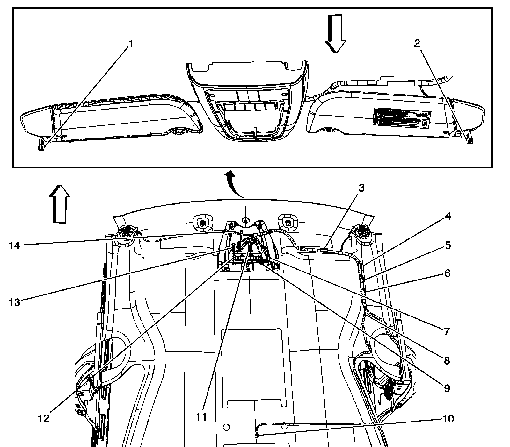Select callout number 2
(x=417, y=44)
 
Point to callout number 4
(x=448, y=216)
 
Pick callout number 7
(x=446, y=331)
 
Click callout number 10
(x=448, y=419)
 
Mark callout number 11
(x=201, y=417)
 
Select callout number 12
(x=44, y=418)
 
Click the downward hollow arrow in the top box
(x=335, y=41)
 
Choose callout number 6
(x=447, y=273)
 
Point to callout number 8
(x=446, y=360)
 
